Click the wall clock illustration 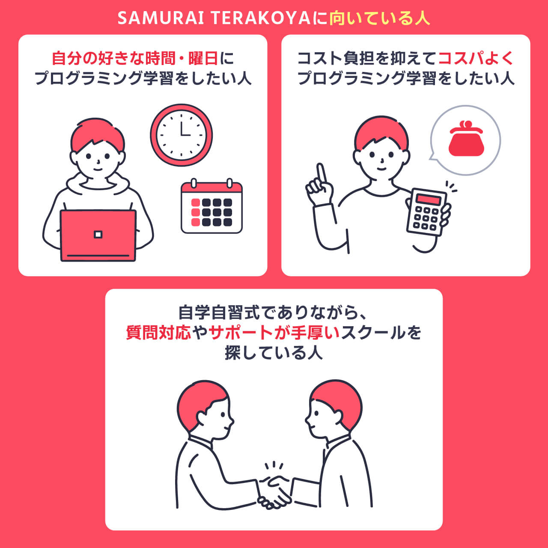(x=181, y=135)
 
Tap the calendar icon (x=211, y=208)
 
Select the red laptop (x=98, y=235)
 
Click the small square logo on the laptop (x=98, y=234)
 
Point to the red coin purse (x=466, y=139)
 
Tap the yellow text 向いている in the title (x=372, y=18)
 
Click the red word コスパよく (x=475, y=58)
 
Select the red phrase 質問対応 (x=158, y=333)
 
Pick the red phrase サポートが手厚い (x=274, y=333)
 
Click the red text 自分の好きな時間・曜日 (x=134, y=58)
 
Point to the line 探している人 (x=274, y=352)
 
